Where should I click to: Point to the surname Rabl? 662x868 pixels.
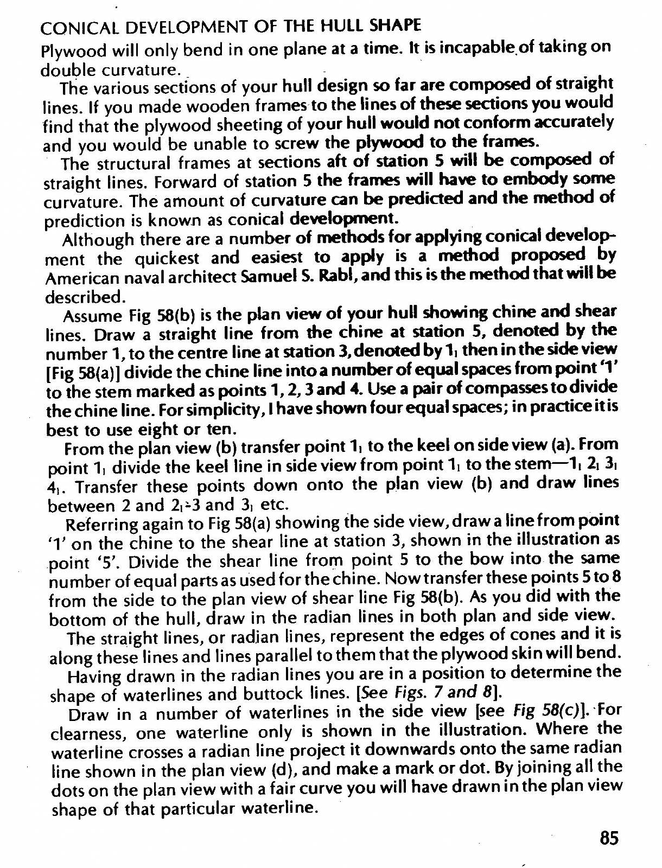pos(325,276)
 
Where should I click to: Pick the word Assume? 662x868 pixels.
pos(93,316)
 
